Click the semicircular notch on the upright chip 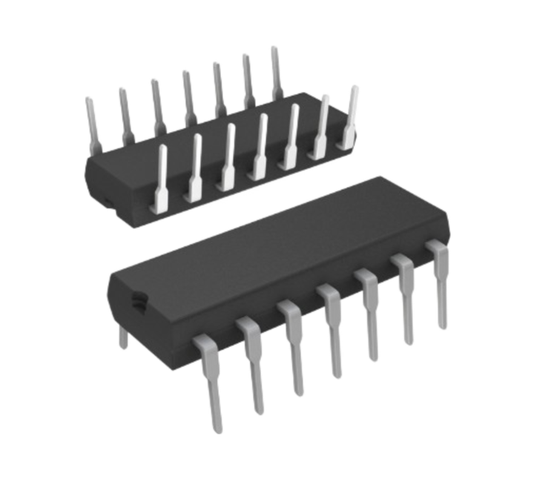138,301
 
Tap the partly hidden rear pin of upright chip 123,337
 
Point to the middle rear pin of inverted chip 188,96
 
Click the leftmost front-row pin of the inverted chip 161,178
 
